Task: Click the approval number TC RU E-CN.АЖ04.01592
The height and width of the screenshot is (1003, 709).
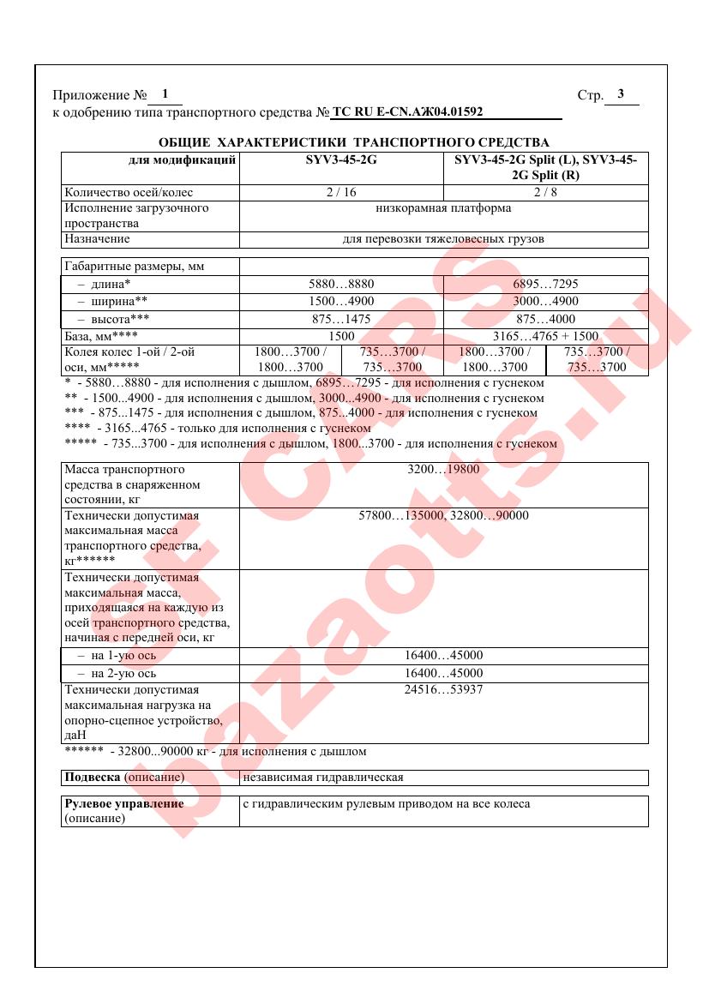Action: click(407, 111)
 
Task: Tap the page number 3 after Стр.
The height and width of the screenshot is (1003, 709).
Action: click(621, 94)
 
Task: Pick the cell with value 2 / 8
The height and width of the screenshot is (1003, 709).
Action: click(545, 192)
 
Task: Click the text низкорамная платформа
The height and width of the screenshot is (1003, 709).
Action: click(443, 207)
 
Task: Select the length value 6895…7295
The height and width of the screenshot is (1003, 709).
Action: click(545, 283)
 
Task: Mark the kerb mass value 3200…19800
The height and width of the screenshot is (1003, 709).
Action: click(443, 470)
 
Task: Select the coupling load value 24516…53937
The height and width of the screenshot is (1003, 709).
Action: click(443, 689)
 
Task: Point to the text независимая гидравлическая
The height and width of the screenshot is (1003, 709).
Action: click(323, 778)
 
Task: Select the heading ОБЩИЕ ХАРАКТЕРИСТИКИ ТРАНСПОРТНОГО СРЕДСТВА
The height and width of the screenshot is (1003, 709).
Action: click(354, 141)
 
